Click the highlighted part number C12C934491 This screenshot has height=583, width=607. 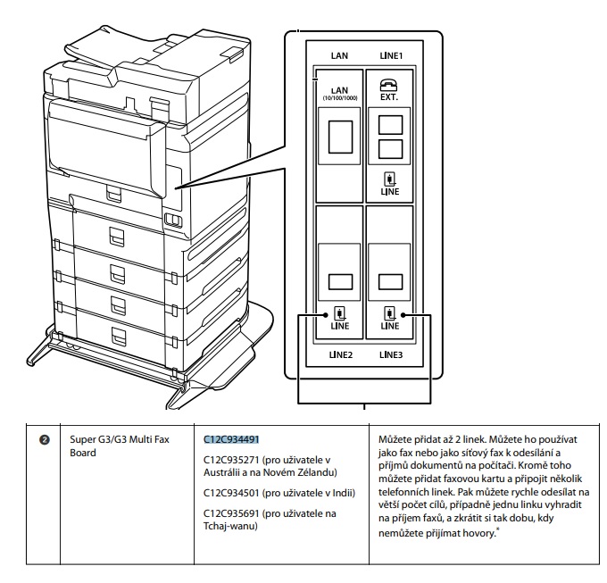click(230, 439)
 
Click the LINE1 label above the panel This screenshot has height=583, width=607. click(391, 55)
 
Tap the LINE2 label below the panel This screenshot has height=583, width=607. click(339, 354)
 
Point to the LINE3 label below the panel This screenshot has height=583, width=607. click(391, 354)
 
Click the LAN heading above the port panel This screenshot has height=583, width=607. click(339, 55)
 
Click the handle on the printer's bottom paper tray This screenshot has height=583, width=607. click(116, 335)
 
